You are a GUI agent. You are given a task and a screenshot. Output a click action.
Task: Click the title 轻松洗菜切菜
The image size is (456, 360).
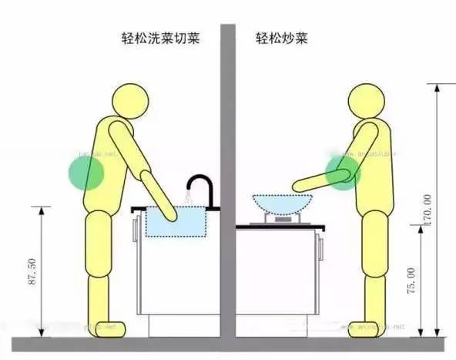pyautogui.click(x=160, y=38)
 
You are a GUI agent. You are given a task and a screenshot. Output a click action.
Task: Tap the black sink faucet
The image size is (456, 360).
pyautogui.click(x=202, y=189)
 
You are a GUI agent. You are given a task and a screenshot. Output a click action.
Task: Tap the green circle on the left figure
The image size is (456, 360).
pyautogui.click(x=87, y=172)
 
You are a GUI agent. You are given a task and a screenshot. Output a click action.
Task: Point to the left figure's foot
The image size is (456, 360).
pyautogui.click(x=106, y=329)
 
